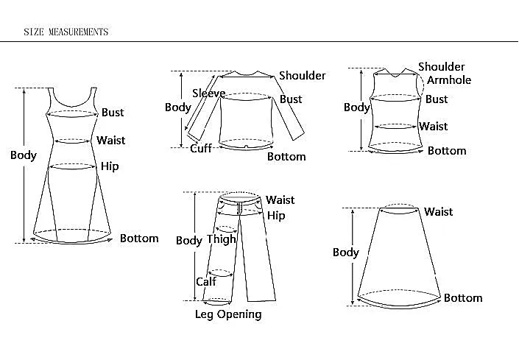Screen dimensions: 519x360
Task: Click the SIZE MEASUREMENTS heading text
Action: tap(66, 32)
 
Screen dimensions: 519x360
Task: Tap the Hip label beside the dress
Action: tap(110, 166)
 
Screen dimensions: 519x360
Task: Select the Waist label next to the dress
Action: tap(111, 141)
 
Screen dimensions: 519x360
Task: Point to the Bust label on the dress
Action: tap(113, 113)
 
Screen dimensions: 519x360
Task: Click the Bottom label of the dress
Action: tap(139, 239)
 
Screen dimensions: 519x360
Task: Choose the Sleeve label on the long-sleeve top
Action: tap(209, 93)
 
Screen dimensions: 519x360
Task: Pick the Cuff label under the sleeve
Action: tap(201, 148)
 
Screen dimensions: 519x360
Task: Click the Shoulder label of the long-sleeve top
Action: tap(303, 75)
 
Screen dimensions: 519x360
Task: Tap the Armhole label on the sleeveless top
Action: tap(449, 80)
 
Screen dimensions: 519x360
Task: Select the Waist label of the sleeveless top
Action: tap(434, 127)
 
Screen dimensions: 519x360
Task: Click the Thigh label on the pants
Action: tap(222, 239)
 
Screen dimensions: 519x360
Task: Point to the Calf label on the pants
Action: tap(206, 282)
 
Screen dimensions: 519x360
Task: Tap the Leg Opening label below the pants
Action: tap(228, 314)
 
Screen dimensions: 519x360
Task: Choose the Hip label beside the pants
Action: tap(276, 216)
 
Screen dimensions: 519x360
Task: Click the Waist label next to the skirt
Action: tap(439, 212)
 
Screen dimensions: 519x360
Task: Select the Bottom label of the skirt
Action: tap(463, 298)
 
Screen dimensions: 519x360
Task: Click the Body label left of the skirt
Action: tap(346, 253)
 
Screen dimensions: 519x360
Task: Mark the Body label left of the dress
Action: tap(24, 155)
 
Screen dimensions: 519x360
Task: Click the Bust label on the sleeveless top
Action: tap(437, 99)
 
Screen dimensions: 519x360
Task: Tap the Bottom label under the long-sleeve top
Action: tap(286, 157)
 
